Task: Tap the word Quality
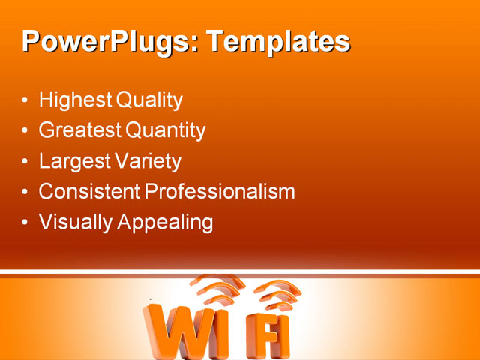[x=153, y=100]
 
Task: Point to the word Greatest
[x=80, y=130]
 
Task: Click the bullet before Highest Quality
[x=26, y=100]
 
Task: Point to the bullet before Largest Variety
[x=26, y=162]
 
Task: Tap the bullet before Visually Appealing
[x=26, y=223]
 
